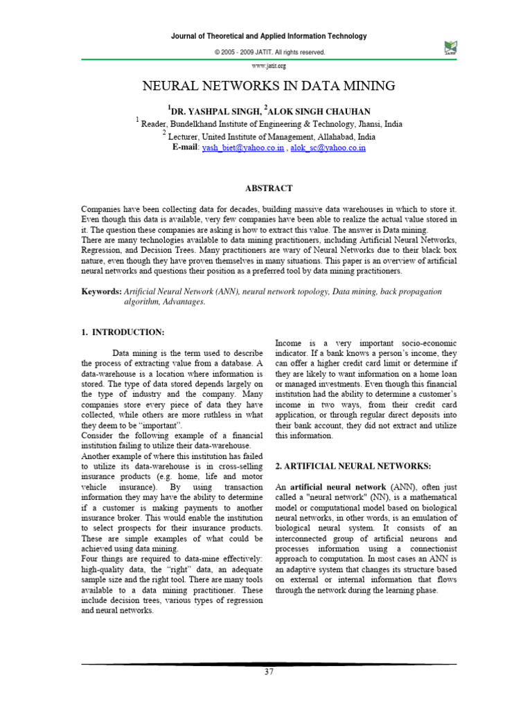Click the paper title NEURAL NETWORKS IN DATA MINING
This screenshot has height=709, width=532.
tap(269, 86)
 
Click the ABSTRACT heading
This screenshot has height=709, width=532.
tap(269, 188)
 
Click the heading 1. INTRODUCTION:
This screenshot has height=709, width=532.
tap(123, 333)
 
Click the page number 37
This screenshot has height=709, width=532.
tap(269, 672)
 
